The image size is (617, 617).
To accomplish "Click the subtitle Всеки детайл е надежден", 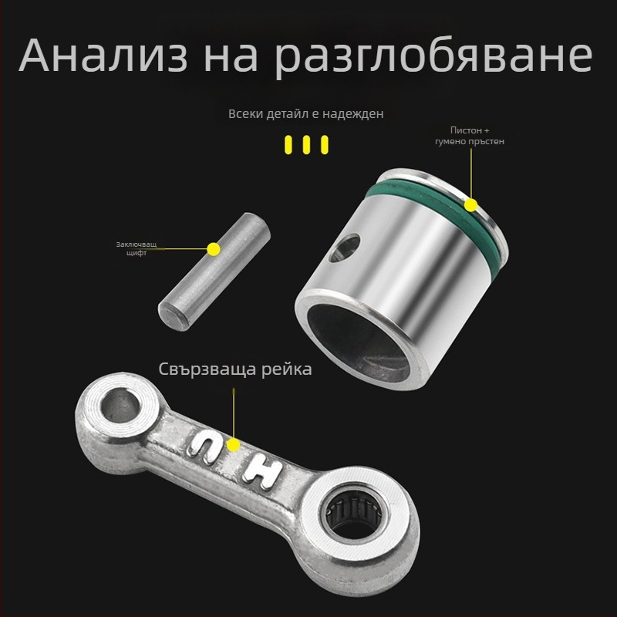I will (306, 113).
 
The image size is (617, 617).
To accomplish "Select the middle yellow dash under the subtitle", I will (306, 144).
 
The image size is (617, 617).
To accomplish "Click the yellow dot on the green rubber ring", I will (471, 204).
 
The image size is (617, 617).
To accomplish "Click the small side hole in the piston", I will (345, 247).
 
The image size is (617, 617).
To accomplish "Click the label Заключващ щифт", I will (136, 248).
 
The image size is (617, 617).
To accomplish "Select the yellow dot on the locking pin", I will (214, 248).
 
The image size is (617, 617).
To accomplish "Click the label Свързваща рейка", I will (235, 369).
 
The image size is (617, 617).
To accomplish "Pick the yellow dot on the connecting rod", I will (234, 446).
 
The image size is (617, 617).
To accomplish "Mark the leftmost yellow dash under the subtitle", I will (288, 144).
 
